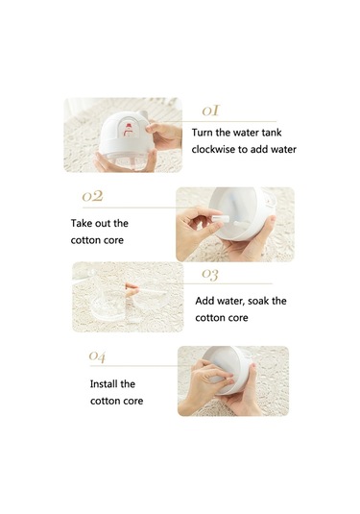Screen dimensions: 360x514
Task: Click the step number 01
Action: click(210, 110)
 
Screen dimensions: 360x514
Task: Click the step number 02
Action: click(92, 196)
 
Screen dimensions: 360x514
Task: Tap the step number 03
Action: click(210, 274)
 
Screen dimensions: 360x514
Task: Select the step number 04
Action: click(97, 356)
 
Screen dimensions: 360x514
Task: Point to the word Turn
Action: click(203, 133)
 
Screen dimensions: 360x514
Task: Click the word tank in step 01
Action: click(272, 133)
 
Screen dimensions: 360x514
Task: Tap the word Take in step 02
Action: click(80, 223)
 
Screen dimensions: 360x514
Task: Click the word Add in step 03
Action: click(204, 301)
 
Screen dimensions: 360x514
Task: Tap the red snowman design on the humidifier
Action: click(128, 130)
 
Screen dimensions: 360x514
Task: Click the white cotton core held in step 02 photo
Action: click(217, 218)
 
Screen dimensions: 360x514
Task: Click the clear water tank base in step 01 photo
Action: click(129, 162)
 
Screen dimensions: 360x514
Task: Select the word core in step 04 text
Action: click(133, 402)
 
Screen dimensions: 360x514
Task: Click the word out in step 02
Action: click(101, 224)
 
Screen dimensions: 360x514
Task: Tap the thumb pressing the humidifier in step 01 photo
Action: click(155, 128)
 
